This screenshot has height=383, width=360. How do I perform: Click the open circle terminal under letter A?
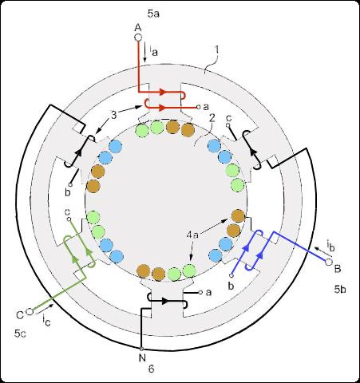pyautogui.click(x=138, y=38)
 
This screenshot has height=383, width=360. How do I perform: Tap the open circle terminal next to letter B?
pyautogui.click(x=329, y=262)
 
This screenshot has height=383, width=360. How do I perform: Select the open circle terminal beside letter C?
pyautogui.click(x=30, y=311)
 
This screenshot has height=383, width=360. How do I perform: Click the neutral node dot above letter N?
pyautogui.click(x=141, y=349)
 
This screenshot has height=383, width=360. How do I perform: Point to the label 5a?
pyautogui.click(x=153, y=14)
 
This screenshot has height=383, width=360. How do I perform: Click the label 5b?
pyautogui.click(x=340, y=290)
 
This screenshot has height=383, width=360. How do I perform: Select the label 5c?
pyautogui.click(x=20, y=334)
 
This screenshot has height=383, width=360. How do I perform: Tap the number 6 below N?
pyautogui.click(x=151, y=369)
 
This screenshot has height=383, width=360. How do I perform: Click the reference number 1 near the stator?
pyautogui.click(x=216, y=49)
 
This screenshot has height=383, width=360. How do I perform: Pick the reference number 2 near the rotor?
pyautogui.click(x=212, y=118)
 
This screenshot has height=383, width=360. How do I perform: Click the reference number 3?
pyautogui.click(x=114, y=115)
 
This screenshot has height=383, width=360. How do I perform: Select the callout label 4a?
pyautogui.click(x=192, y=235)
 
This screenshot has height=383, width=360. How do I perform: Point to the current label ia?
pyautogui.click(x=153, y=50)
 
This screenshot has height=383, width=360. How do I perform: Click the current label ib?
pyautogui.click(x=330, y=246)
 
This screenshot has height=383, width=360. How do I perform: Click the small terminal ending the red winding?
pyautogui.click(x=198, y=107)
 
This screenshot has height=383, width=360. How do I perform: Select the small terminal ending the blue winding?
pyautogui.click(x=231, y=276)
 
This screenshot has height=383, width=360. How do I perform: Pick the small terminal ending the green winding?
pyautogui.click(x=69, y=219)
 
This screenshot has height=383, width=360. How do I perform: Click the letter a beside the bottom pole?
pyautogui.click(x=208, y=293)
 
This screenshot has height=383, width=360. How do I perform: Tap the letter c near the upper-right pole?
pyautogui.click(x=228, y=118)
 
